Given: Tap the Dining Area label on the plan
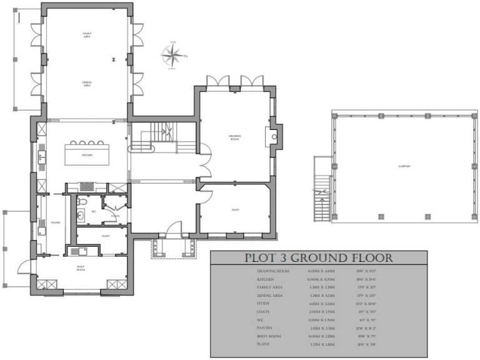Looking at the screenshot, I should tap(87, 84).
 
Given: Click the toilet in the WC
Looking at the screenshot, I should tap(81, 216).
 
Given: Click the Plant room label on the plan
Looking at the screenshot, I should tap(106, 236).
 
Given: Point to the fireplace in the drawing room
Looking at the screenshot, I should tap(274, 135).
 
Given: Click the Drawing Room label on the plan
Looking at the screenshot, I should tap(234, 137).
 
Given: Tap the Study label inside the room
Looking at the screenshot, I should tap(235, 210).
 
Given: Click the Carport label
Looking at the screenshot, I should tap(404, 166).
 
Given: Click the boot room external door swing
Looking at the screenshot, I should tap(23, 265).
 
